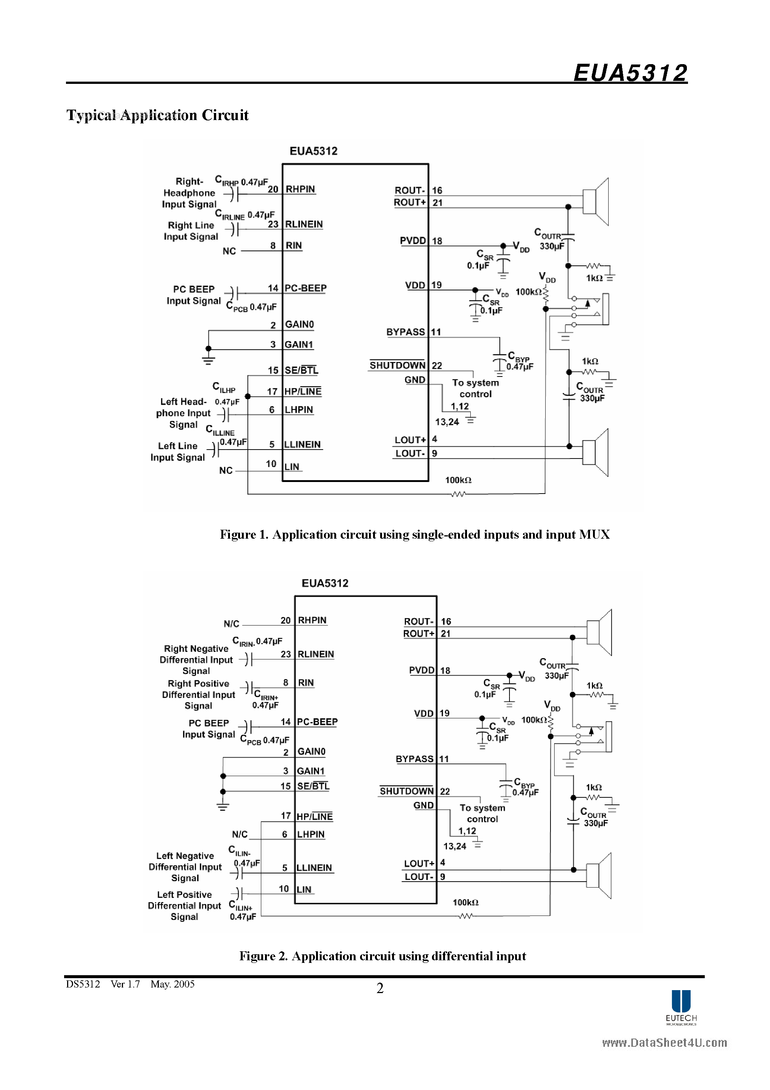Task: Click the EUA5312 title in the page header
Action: click(x=630, y=73)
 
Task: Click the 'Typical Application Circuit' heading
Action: click(x=157, y=115)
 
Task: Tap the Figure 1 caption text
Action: click(x=414, y=535)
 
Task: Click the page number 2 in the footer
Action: click(x=380, y=988)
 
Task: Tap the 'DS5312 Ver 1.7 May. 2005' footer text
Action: click(x=130, y=984)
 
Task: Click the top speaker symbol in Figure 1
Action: click(x=596, y=202)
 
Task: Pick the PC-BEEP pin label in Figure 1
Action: click(x=305, y=288)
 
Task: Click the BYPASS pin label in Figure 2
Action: click(x=414, y=759)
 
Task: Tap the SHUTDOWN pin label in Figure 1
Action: click(x=397, y=365)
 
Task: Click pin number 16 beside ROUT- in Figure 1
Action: click(x=437, y=190)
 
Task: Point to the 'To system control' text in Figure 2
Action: click(x=482, y=813)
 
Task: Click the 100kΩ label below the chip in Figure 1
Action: click(x=458, y=480)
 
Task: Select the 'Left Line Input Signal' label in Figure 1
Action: click(x=177, y=451)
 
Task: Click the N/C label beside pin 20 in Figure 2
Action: click(x=231, y=623)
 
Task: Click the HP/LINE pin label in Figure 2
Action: click(x=315, y=816)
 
